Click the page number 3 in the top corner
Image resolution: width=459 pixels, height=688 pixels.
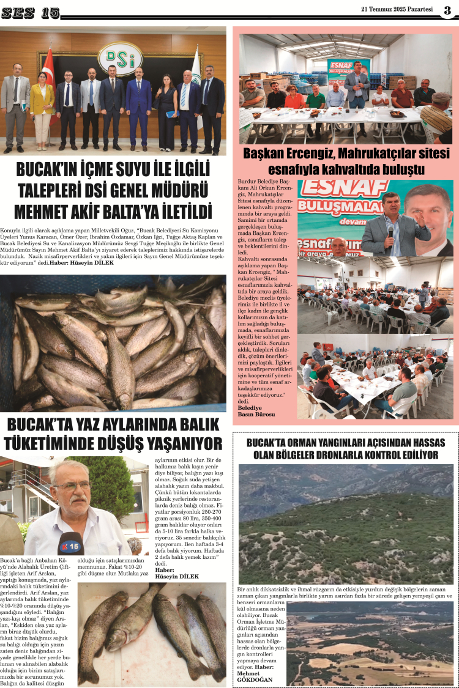click(x=447, y=10)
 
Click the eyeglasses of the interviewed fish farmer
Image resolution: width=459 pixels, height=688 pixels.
click(x=72, y=487)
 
